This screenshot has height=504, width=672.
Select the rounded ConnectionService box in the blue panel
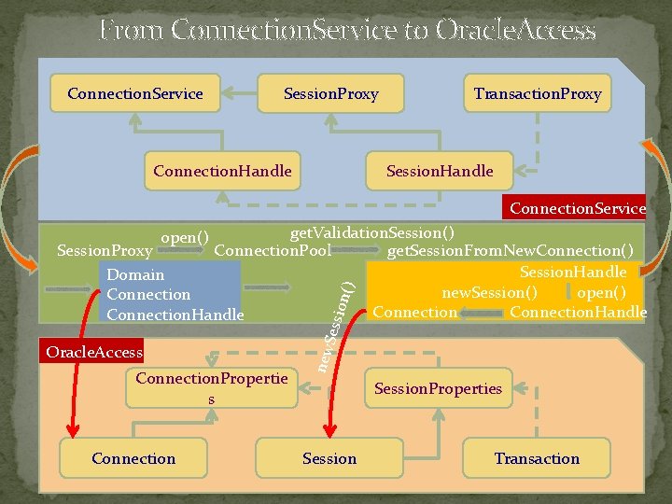[135, 93]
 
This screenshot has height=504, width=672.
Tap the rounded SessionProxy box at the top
[330, 93]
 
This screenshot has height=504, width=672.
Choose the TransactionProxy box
[537, 93]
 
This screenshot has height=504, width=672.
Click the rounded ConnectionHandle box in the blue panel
[222, 171]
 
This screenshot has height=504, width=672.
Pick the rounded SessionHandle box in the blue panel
[440, 171]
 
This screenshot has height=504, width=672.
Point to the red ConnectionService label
[574, 208]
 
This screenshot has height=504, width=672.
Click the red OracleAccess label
[91, 352]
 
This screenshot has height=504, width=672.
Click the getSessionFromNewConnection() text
[511, 251]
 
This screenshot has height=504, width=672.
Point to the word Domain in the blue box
[135, 274]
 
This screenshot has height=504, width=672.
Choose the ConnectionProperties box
[211, 388]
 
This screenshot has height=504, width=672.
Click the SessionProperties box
[438, 388]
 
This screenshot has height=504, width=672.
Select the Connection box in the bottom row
[133, 458]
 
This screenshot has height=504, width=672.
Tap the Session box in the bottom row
[329, 458]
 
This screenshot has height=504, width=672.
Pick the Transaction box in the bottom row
[537, 458]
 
